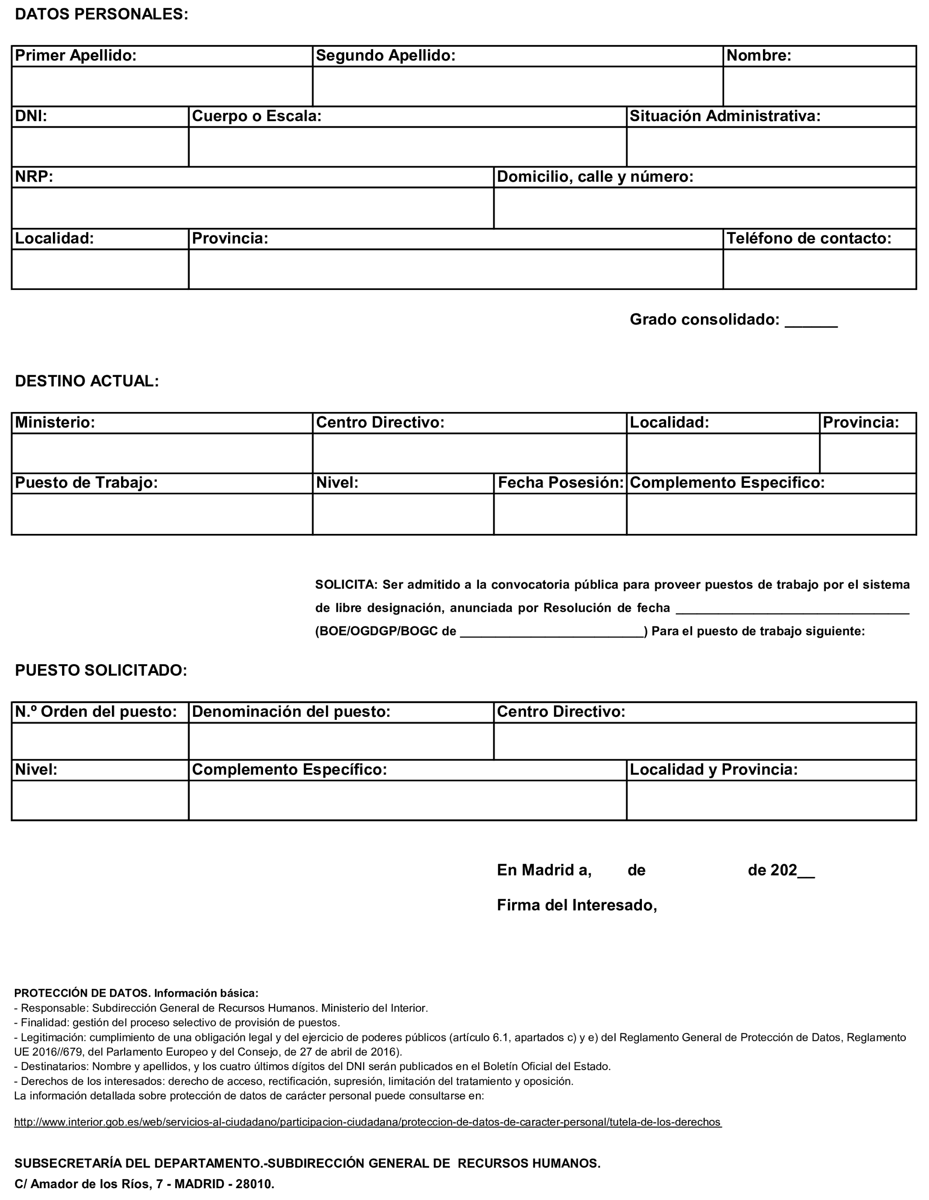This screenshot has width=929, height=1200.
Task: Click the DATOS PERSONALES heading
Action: [x=101, y=15]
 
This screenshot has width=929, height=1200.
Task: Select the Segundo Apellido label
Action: [x=385, y=56]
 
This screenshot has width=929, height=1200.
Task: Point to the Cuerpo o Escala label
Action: [x=257, y=116]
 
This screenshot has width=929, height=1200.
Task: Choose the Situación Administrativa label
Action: [x=725, y=116]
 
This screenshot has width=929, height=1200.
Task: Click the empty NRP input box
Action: [x=253, y=208]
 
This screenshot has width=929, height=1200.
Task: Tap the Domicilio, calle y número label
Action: [x=595, y=177]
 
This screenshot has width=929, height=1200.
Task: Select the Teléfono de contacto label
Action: [x=809, y=238]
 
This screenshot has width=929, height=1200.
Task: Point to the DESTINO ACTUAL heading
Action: [x=87, y=381]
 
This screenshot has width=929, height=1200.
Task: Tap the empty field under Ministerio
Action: [x=162, y=453]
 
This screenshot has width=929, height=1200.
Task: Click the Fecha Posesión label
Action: [x=560, y=482]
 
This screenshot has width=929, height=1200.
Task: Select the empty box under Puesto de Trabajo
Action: [x=162, y=514]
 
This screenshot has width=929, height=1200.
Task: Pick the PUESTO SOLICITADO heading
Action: [x=101, y=670]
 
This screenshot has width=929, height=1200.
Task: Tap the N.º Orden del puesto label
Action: [x=96, y=712]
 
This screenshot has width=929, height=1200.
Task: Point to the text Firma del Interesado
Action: [x=576, y=905]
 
